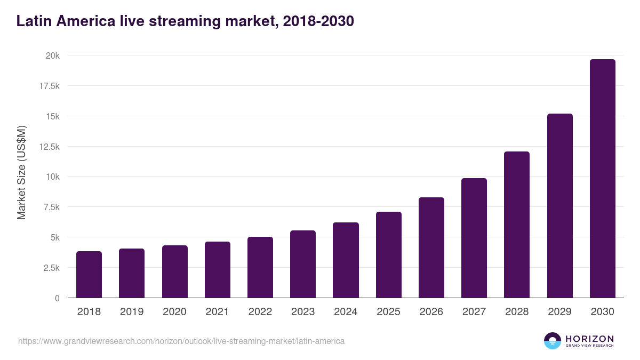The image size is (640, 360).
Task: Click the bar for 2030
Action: pyautogui.click(x=602, y=179)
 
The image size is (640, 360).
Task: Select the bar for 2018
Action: pyautogui.click(x=89, y=275)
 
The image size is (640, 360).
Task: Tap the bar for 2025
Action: pyautogui.click(x=388, y=255)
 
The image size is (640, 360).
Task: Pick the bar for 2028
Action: pyautogui.click(x=517, y=225)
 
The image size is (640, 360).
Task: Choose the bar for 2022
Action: pyautogui.click(x=260, y=267)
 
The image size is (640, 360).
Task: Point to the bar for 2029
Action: pyautogui.click(x=559, y=206)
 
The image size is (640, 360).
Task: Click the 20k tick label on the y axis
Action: pyautogui.click(x=52, y=55)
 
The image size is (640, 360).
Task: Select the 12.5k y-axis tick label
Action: pyautogui.click(x=48, y=147)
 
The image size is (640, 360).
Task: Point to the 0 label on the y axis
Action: pyautogui.click(x=57, y=298)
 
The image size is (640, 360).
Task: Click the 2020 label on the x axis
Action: pyautogui.click(x=174, y=312)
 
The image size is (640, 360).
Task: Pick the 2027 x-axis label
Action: pyautogui.click(x=474, y=312)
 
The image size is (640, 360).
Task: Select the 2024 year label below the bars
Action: pyautogui.click(x=346, y=312)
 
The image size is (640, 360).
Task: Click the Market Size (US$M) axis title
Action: pyautogui.click(x=21, y=172)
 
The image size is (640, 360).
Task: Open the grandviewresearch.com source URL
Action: pyautogui.click(x=181, y=341)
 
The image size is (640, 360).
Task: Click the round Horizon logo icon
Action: pyautogui.click(x=553, y=341)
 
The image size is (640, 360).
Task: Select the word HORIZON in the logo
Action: pyautogui.click(x=589, y=339)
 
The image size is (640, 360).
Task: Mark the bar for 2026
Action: pyautogui.click(x=431, y=247)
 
